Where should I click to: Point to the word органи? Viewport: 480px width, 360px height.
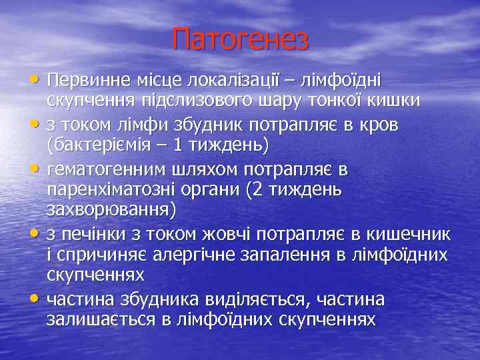tap(209, 189)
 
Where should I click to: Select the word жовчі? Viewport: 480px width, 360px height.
tap(210, 234)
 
